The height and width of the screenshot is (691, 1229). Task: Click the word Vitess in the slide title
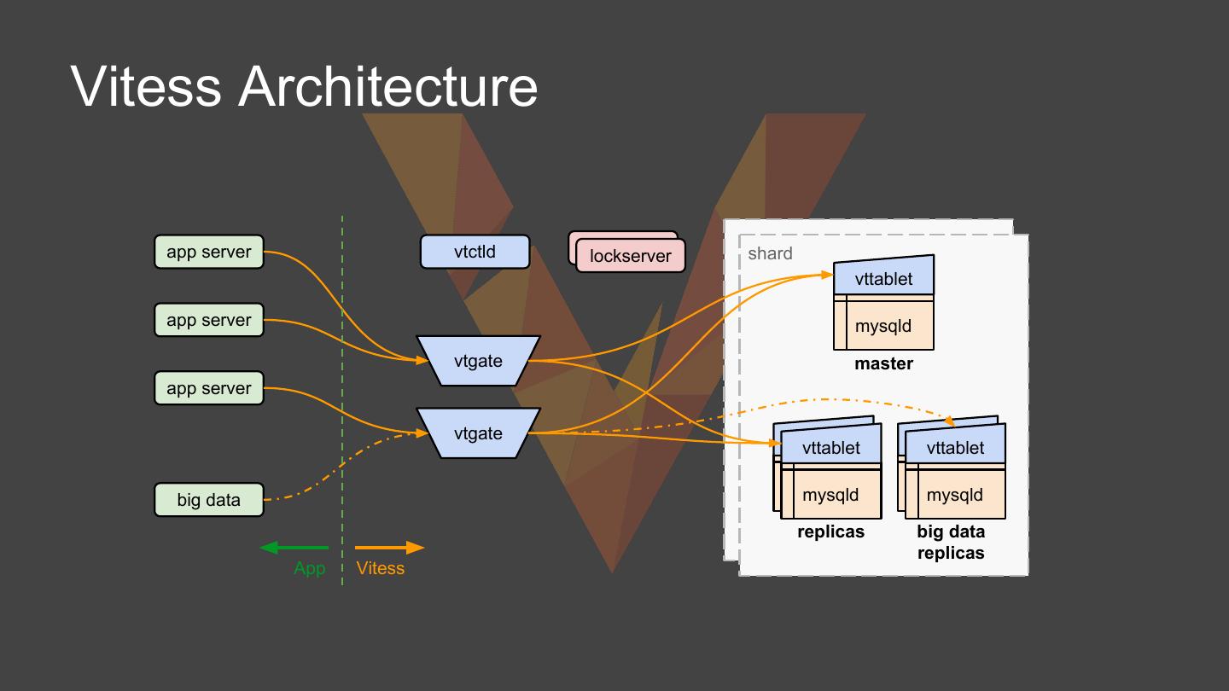click(x=146, y=86)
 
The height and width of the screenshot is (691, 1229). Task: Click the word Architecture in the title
click(x=387, y=86)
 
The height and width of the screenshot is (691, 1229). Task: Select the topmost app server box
click(x=209, y=252)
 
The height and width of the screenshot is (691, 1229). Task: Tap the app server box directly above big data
click(x=209, y=388)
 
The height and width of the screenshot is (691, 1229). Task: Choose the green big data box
click(x=209, y=500)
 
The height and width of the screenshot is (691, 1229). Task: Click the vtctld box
click(x=475, y=252)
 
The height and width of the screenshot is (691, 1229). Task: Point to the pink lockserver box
click(x=631, y=256)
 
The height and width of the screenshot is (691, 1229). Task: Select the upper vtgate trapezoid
click(x=479, y=361)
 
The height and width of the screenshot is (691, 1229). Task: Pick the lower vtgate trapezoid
click(x=479, y=433)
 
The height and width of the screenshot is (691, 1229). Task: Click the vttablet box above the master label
click(x=884, y=276)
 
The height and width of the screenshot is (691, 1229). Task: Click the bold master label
click(x=884, y=363)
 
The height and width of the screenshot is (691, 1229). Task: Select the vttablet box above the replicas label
click(x=831, y=444)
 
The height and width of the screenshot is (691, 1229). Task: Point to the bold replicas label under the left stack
click(x=830, y=531)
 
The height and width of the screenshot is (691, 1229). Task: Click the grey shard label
click(x=771, y=253)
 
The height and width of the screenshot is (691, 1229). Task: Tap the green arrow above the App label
click(x=294, y=548)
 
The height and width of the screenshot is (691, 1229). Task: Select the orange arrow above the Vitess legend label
click(x=389, y=548)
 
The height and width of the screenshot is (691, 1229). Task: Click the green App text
click(x=310, y=568)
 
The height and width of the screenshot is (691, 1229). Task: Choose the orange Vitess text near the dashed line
click(x=381, y=568)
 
